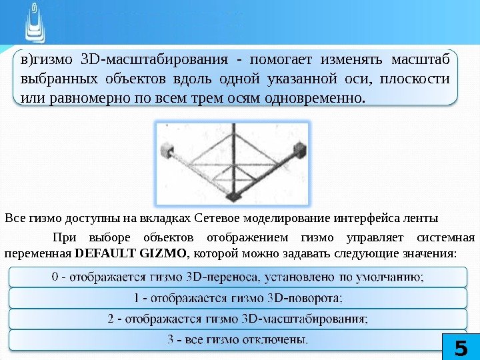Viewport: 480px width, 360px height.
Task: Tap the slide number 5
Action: (460, 347)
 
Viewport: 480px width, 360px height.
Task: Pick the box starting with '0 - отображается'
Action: (240, 276)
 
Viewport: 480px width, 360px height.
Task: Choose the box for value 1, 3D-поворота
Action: (240, 297)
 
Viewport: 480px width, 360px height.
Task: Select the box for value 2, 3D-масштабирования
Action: (240, 319)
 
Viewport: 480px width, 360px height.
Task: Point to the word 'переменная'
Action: (38, 253)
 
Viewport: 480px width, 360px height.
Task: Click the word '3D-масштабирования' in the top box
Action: (154, 59)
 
